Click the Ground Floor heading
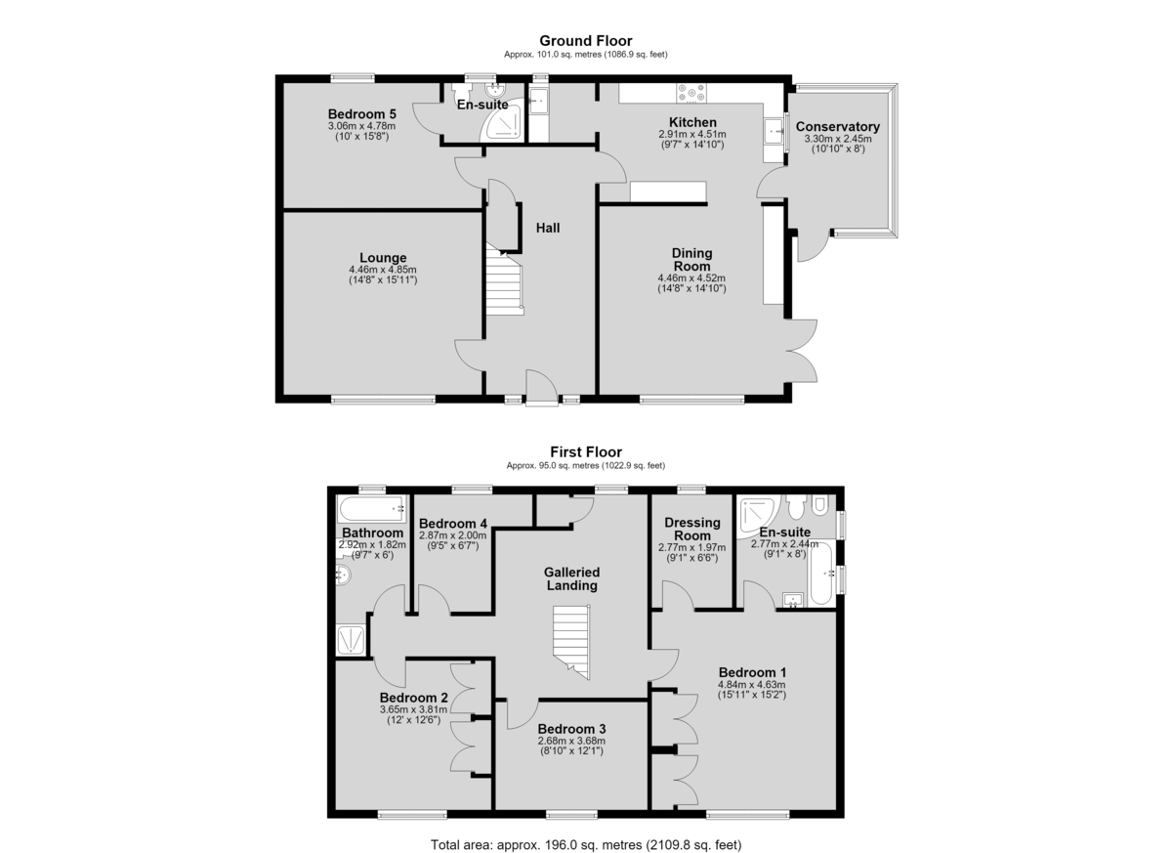pos(585,41)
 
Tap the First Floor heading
pos(586,451)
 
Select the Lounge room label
pos(383,258)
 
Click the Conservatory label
pos(838,127)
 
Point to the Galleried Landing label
pos(572,578)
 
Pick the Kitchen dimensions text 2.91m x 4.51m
pos(692,134)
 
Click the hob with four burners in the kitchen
pos(691,93)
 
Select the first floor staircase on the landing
pos(572,642)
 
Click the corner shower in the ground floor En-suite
pos(502,119)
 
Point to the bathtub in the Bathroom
pos(371,509)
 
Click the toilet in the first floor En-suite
pos(796,506)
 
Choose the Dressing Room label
pos(692,529)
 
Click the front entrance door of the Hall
pos(542,388)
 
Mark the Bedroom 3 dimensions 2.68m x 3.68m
pos(571,741)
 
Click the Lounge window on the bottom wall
pos(383,400)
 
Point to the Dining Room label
pos(691,260)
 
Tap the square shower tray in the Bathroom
pos(351,639)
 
